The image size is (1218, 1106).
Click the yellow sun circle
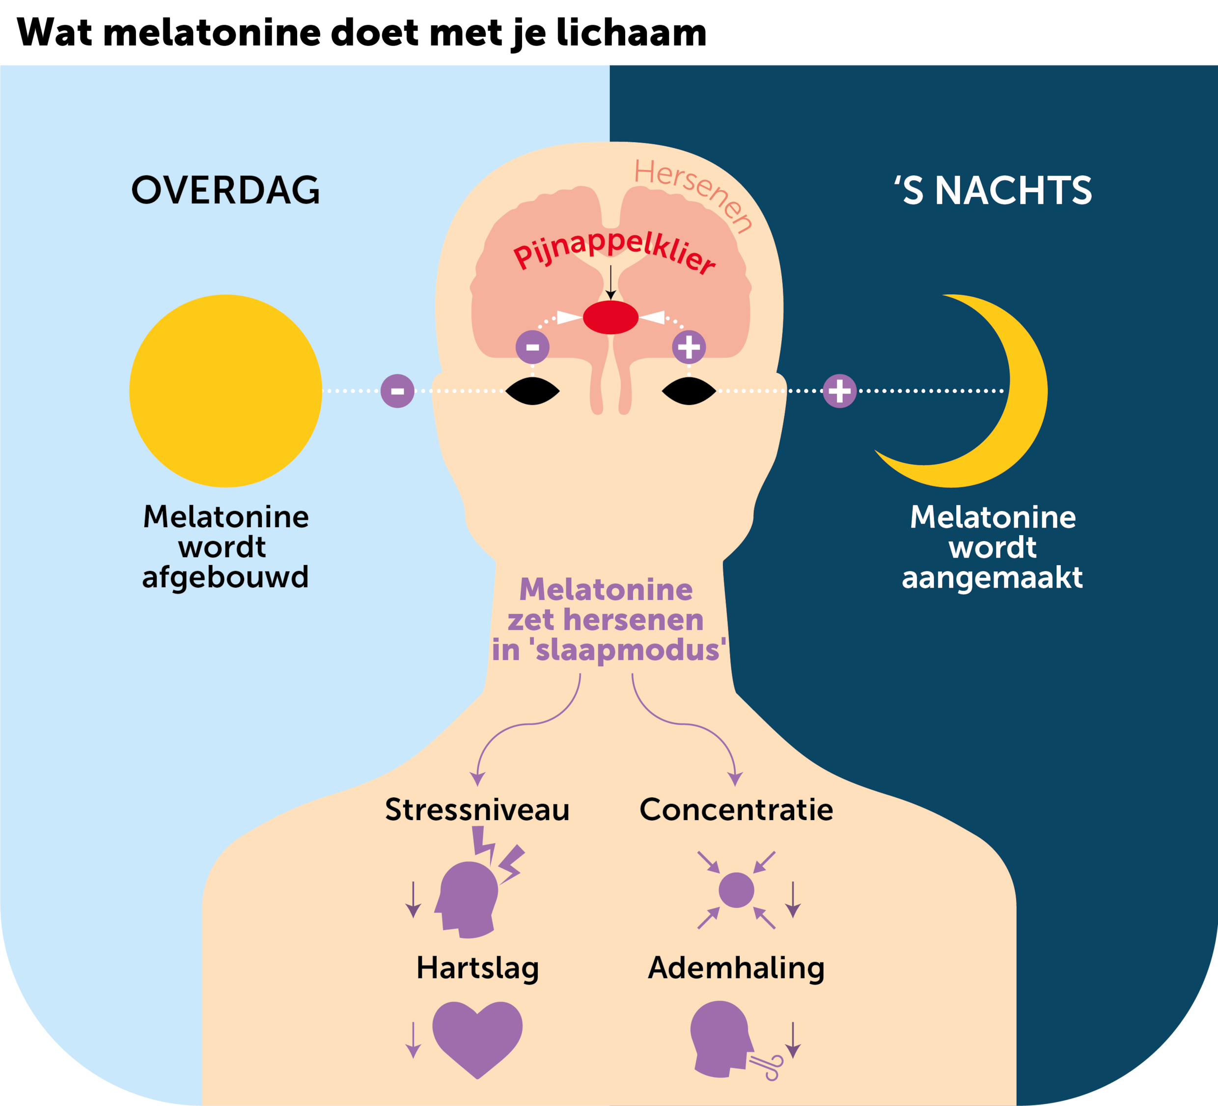click(225, 391)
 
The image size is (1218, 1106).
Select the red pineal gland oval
click(610, 317)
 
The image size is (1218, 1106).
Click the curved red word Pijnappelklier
click(613, 251)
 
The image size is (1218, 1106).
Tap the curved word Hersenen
click(695, 194)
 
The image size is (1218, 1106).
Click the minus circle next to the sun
click(397, 391)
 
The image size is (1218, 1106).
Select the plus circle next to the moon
click(840, 391)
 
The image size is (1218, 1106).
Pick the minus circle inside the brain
click(532, 347)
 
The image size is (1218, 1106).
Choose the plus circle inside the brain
click(689, 347)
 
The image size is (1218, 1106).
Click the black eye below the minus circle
click(532, 391)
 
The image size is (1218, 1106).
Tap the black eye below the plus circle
click(689, 391)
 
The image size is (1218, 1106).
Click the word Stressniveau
click(477, 810)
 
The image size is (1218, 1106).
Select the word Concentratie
click(736, 810)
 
